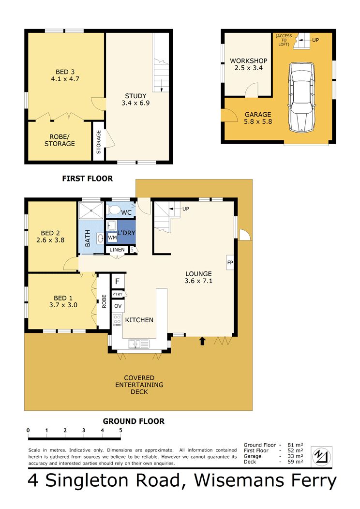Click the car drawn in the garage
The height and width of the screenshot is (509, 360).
[301, 97]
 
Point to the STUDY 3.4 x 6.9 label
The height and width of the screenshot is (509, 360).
[135, 99]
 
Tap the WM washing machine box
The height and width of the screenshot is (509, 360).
[112, 238]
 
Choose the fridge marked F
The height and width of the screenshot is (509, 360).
[118, 281]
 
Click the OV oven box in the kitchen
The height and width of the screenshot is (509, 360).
[118, 306]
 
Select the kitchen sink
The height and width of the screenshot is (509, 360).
[138, 344]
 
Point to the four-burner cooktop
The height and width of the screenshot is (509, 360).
[117, 320]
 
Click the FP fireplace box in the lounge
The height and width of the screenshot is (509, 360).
[230, 262]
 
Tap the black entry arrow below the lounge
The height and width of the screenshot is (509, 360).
[202, 341]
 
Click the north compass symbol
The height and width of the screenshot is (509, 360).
[321, 456]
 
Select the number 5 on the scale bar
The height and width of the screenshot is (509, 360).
[121, 430]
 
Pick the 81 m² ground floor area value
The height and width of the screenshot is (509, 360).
[295, 445]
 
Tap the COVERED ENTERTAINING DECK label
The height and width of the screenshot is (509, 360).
[139, 385]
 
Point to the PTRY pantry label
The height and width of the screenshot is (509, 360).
[118, 294]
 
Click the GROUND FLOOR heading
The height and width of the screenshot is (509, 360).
[134, 421]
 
